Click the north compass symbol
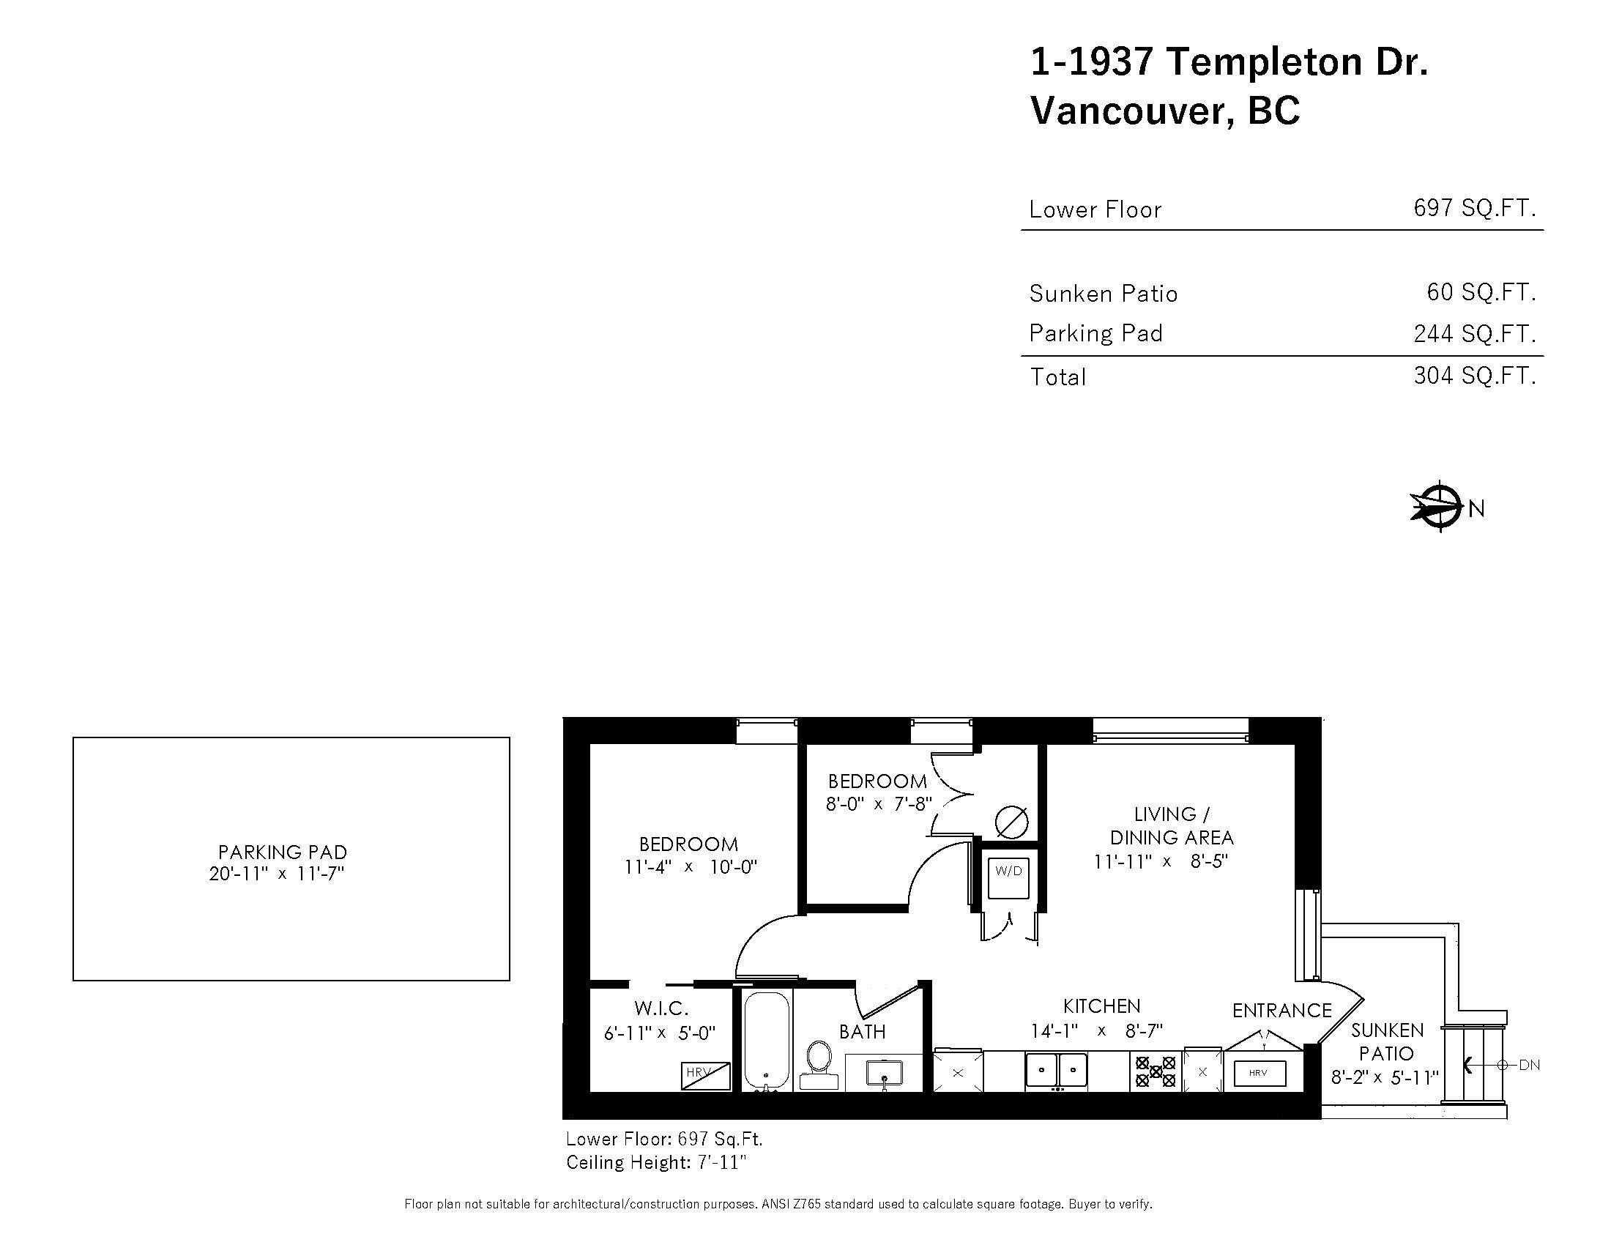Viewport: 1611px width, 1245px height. click(x=1438, y=507)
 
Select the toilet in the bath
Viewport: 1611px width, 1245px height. click(x=819, y=1063)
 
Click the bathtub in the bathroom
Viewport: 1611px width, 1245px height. click(x=767, y=1038)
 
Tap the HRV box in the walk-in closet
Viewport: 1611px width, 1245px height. click(x=705, y=1074)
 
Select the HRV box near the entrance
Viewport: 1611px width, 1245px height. click(x=1258, y=1072)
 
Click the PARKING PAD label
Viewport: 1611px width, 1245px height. click(x=283, y=852)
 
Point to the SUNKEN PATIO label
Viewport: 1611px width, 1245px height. click(x=1387, y=1041)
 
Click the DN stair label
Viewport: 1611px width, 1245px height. click(x=1529, y=1065)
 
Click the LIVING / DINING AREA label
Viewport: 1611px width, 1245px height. click(x=1172, y=825)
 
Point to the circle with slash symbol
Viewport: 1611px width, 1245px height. click(x=1011, y=822)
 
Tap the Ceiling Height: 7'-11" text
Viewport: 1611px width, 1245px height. click(x=656, y=1162)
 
